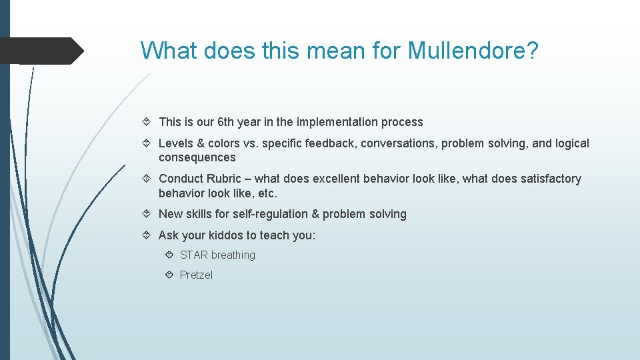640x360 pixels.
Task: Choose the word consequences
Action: point(197,157)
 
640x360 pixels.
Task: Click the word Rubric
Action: point(223,179)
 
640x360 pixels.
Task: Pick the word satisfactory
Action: point(549,179)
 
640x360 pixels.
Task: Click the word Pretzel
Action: point(196,275)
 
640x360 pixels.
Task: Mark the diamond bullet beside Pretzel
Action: point(170,275)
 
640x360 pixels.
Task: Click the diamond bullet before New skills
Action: point(147,214)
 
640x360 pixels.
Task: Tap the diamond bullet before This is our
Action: point(147,122)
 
